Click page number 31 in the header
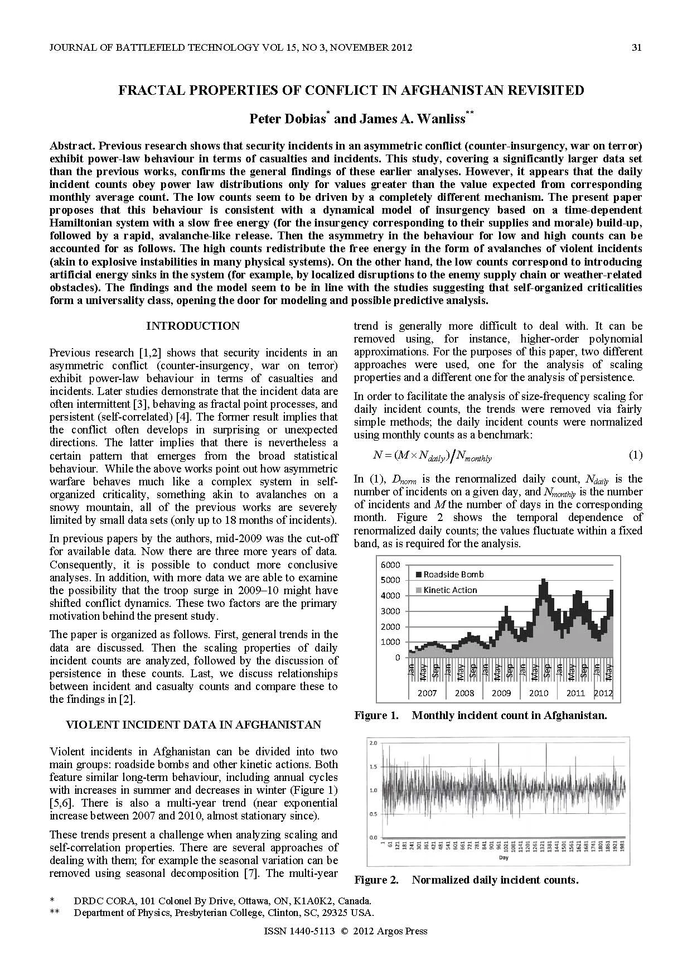tap(636, 47)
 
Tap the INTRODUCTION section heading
tap(193, 326)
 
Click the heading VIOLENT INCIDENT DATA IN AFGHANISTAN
tap(193, 725)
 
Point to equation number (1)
tap(635, 455)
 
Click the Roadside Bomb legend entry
tap(453, 574)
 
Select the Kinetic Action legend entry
tap(449, 590)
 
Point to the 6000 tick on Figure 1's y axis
tap(390, 565)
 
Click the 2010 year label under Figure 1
tap(538, 693)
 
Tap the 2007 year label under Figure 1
tap(427, 693)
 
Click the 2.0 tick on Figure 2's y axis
tap(373, 744)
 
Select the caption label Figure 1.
tap(376, 715)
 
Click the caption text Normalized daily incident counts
tap(495, 880)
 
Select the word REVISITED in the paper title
tap(539, 90)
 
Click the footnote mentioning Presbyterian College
tap(223, 913)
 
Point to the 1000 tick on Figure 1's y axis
tap(390, 642)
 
